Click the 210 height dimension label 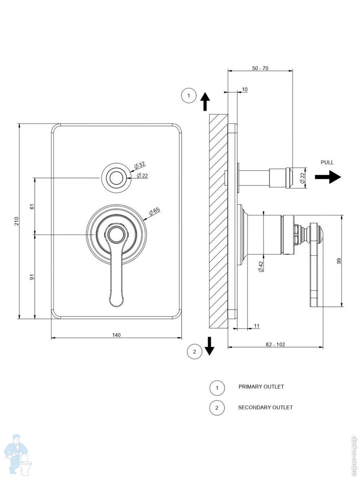point(16,221)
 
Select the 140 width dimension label point(116,335)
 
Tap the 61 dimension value point(32,206)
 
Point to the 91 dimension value point(32,276)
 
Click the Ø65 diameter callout point(155,211)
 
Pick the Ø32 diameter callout point(140,165)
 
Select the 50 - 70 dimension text point(260,68)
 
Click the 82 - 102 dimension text point(275,344)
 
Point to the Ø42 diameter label point(261,266)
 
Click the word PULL point(327,162)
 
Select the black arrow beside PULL point(328,176)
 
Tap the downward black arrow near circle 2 point(209,346)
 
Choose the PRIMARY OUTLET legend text point(261,387)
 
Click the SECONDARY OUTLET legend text point(265,408)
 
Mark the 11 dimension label point(256,326)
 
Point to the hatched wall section point(218,220)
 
